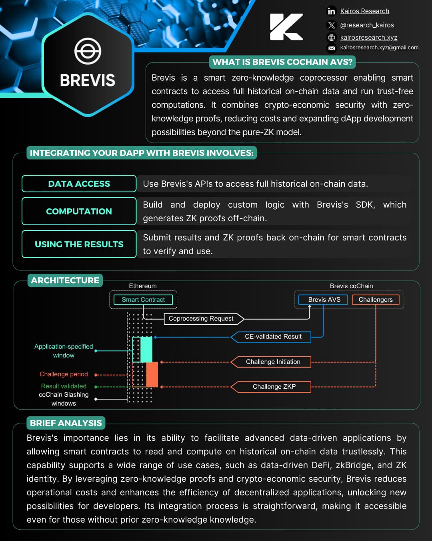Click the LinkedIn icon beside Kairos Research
[331, 11]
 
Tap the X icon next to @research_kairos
[331, 25]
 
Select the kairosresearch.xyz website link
[368, 37]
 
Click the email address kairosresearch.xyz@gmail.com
[379, 47]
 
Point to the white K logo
[286, 27]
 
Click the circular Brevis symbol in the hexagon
[88, 51]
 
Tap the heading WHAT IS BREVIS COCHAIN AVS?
[282, 62]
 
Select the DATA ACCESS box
[79, 184]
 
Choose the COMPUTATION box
[79, 211]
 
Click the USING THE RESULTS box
[79, 244]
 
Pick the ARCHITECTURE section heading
[65, 280]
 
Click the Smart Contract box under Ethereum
[143, 299]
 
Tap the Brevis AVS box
[324, 299]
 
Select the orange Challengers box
[376, 299]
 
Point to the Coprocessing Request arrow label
[201, 319]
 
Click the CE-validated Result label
[273, 337]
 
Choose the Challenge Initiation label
[273, 362]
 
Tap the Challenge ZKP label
[274, 387]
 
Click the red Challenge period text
[64, 374]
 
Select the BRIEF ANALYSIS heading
[66, 423]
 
